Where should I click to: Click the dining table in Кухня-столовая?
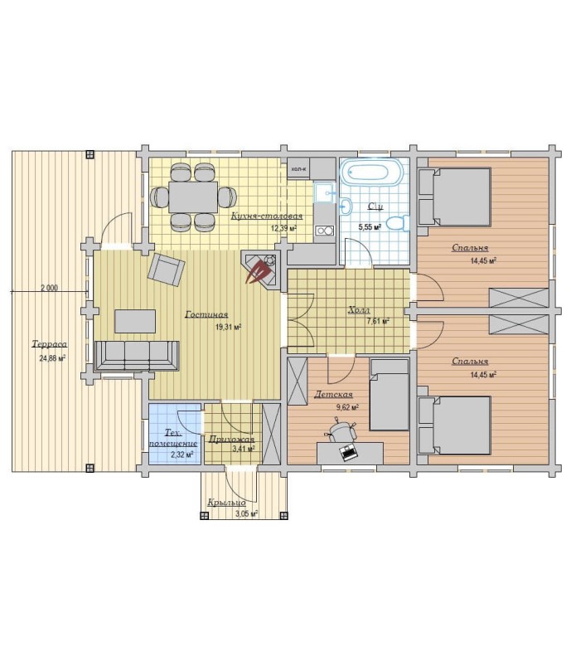pyautogui.click(x=193, y=197)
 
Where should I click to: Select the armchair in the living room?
pyautogui.click(x=166, y=270)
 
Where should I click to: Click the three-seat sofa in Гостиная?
pyautogui.click(x=136, y=356)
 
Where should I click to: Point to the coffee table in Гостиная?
pyautogui.click(x=135, y=322)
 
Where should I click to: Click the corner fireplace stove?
pyautogui.click(x=261, y=269)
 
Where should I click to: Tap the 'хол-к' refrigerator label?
pyautogui.click(x=298, y=168)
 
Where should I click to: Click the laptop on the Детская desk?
pyautogui.click(x=349, y=451)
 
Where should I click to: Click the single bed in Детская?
pyautogui.click(x=389, y=395)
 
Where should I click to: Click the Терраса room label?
pyautogui.click(x=50, y=344)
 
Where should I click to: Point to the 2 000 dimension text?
pyautogui.click(x=49, y=288)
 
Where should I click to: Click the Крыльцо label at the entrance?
pyautogui.click(x=227, y=503)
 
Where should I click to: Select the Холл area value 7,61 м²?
pyautogui.click(x=378, y=321)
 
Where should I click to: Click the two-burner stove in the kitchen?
pyautogui.click(x=324, y=231)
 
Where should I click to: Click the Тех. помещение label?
pyautogui.click(x=174, y=438)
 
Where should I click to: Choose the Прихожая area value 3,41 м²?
pyautogui.click(x=244, y=449)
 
